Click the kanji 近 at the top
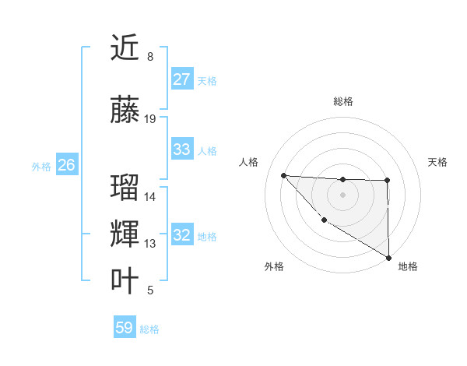pos(125,48)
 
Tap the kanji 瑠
pos(125,188)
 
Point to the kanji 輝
pos(125,234)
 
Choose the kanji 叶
pos(125,281)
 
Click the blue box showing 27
pos(181,79)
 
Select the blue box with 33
pos(181,150)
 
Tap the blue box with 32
pos(181,235)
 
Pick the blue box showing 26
pos(66,165)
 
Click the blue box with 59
pos(125,328)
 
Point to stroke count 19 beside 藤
pos(150,118)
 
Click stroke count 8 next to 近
pos(149,57)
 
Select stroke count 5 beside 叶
pos(149,290)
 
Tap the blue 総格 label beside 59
pos(149,329)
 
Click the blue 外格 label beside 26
pos(41,166)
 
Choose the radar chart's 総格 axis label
pos(342,101)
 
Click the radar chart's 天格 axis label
pos(437,162)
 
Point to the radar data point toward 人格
pos(283,175)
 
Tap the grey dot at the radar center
pos(342,194)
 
